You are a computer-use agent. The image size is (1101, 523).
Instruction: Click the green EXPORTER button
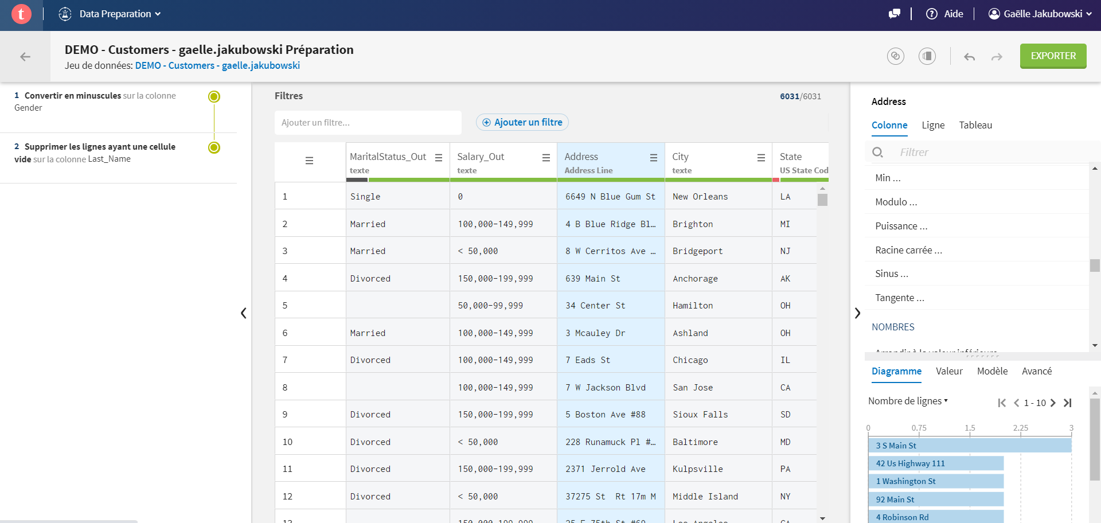click(x=1053, y=56)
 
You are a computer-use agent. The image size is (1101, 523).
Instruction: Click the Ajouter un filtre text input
click(x=368, y=123)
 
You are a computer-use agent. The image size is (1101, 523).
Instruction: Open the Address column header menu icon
click(x=653, y=158)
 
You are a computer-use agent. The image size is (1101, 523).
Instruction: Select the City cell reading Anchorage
click(x=695, y=279)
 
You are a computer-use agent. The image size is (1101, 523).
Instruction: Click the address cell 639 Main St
click(x=592, y=279)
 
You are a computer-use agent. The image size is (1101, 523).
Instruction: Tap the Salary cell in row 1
click(x=460, y=197)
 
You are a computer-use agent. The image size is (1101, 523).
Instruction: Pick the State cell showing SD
click(x=785, y=415)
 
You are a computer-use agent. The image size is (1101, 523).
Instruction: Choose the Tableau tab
click(x=975, y=125)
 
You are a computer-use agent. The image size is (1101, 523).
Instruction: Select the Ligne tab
click(x=933, y=125)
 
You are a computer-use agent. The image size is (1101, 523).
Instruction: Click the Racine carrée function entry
click(x=908, y=250)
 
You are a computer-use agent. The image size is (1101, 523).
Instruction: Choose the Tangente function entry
click(x=899, y=298)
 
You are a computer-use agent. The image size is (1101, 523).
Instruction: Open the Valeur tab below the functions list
click(x=949, y=371)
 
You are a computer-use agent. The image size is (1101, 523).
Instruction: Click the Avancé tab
click(x=1036, y=371)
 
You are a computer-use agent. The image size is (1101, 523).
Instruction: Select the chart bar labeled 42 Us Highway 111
click(x=936, y=463)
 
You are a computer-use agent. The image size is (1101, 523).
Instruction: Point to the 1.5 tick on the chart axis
click(x=970, y=428)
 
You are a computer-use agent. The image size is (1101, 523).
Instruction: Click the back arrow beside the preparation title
click(x=25, y=57)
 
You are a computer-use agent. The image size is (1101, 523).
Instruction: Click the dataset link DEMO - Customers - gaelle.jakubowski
click(x=217, y=65)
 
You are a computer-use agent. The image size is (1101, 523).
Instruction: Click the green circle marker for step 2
click(x=214, y=147)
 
